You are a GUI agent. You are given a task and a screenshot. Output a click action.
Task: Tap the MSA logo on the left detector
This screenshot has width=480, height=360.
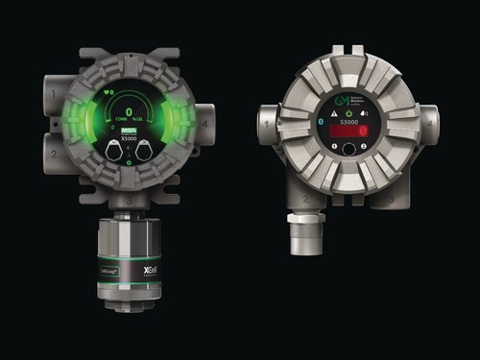130,130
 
